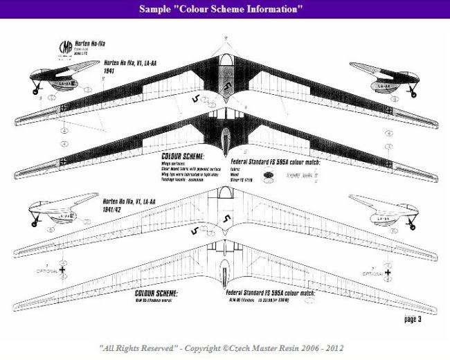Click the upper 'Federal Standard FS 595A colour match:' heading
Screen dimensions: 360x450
270,156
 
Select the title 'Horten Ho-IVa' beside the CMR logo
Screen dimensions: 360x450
92,42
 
